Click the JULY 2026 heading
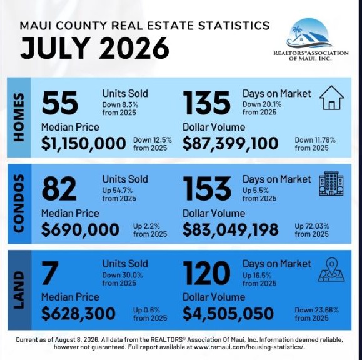click(x=94, y=47)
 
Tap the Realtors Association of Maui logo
click(x=311, y=39)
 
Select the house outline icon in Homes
click(x=332, y=97)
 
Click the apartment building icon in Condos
click(x=331, y=184)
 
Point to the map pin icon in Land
click(x=331, y=270)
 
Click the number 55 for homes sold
click(x=60, y=102)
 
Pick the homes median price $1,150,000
click(x=84, y=143)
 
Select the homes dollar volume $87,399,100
click(x=231, y=143)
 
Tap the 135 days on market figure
click(x=206, y=102)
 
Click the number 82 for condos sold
click(x=59, y=189)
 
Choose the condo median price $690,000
click(x=80, y=229)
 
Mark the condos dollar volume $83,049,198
click(x=231, y=229)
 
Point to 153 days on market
click(x=207, y=189)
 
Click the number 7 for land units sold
click(x=49, y=272)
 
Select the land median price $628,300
click(x=78, y=314)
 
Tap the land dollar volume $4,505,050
click(x=228, y=314)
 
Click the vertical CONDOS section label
click(x=19, y=203)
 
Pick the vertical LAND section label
click(x=19, y=290)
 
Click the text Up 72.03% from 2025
click(x=312, y=230)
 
